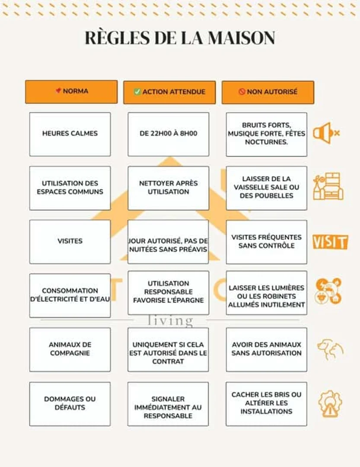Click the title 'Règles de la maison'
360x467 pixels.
[180, 38]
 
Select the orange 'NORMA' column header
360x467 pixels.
[71, 92]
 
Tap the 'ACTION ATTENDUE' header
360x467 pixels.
[169, 93]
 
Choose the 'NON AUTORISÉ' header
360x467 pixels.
[268, 93]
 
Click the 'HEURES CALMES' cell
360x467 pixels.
[70, 134]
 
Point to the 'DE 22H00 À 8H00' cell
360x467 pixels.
[169, 134]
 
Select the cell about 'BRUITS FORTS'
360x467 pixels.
[267, 134]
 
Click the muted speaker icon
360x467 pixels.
[326, 133]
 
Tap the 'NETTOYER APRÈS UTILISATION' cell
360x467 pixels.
[169, 188]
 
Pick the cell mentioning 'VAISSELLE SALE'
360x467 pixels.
[267, 188]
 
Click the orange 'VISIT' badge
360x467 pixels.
[330, 242]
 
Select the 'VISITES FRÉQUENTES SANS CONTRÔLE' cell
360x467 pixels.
[267, 242]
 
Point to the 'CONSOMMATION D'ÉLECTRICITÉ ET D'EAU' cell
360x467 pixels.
[70, 295]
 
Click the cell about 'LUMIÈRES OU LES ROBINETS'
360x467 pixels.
[267, 293]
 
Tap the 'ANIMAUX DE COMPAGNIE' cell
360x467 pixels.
[70, 350]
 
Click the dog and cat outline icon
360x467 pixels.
[330, 349]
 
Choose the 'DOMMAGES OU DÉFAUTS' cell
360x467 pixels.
[70, 404]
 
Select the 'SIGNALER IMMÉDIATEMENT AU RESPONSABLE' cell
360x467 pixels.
[168, 404]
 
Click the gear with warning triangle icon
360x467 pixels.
[330, 403]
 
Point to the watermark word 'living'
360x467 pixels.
[170, 321]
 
